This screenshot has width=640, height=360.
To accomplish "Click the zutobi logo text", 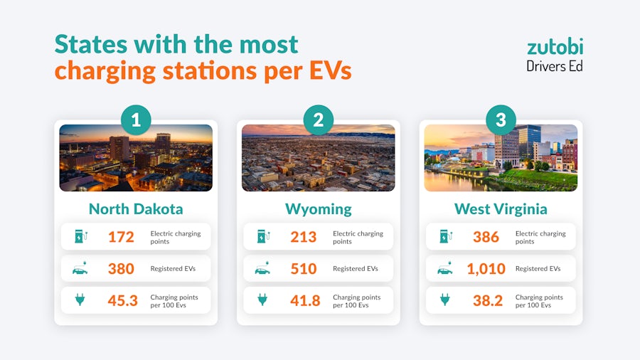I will pos(555,47).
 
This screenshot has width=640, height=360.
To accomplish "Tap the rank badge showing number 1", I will pos(136,120).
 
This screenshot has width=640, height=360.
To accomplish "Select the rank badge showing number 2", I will pos(318,120).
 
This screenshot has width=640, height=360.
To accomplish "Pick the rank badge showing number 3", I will pos(501,120).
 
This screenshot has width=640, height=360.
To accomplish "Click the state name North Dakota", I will pos(136,208).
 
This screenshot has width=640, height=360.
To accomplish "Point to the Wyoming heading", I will pos(318,208).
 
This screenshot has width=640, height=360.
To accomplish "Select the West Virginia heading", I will pos(501,208).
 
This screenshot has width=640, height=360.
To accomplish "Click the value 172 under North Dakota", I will pos(121,237).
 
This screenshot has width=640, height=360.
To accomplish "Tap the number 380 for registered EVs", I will pos(121,269).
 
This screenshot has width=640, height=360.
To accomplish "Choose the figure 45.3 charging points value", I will pos(122,301).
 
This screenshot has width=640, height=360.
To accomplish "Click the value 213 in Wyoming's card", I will pos(304,237).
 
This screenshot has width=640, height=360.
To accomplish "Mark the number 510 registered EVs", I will pos(304,269).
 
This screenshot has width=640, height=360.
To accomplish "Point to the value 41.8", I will pos(304,301).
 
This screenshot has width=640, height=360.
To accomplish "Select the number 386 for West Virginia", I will pos(486,237).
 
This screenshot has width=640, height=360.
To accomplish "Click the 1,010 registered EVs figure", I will pos(486,269).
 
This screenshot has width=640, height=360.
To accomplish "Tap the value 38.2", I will pos(487,301).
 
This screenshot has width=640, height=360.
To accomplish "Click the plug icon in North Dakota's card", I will pos(80,300).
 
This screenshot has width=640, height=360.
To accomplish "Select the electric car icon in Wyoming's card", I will pos(262,269).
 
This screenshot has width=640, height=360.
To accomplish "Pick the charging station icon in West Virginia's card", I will pos(445,236).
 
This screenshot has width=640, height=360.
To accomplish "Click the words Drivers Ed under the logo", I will pos(555,65).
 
